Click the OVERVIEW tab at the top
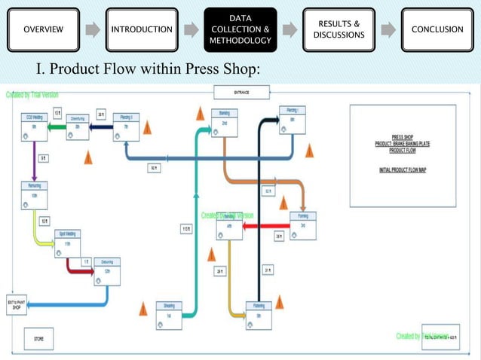pos(43,30)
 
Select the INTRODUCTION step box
pos(142,30)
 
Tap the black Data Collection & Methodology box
pos(240,30)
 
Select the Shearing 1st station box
pos(169,310)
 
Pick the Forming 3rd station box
pos(303,224)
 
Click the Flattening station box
pos(259,310)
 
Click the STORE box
pos(38,340)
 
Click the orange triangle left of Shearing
pos(143,307)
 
